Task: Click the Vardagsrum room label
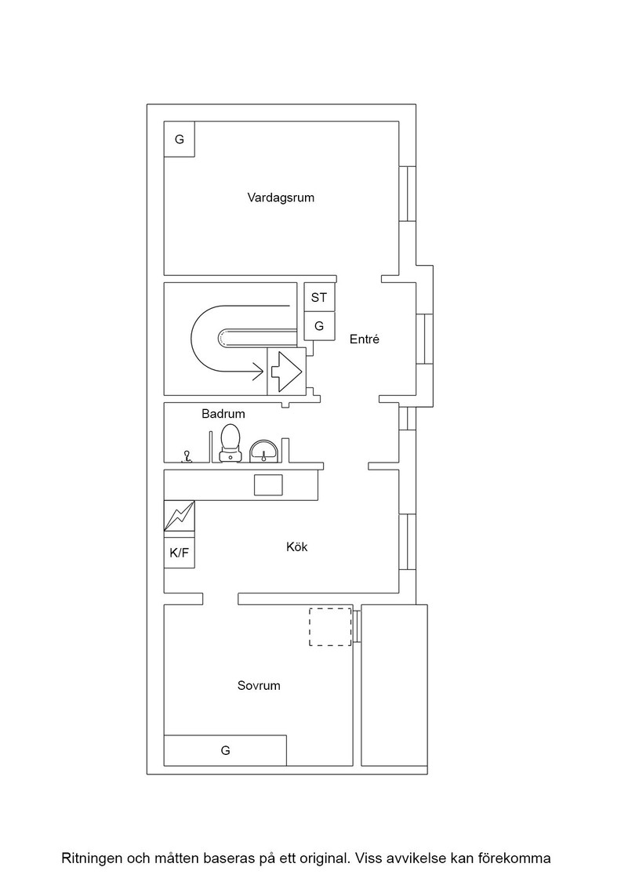click(281, 198)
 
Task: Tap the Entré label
click(365, 339)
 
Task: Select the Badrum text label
click(223, 414)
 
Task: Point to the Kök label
click(297, 546)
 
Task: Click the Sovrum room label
click(259, 685)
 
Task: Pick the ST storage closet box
click(319, 297)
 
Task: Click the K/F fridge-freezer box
click(180, 553)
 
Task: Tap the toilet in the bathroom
click(231, 443)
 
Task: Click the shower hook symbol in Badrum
click(187, 458)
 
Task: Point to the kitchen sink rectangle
click(268, 485)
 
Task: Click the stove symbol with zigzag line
click(180, 516)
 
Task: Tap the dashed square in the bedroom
click(330, 626)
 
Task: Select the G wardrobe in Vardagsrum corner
click(180, 140)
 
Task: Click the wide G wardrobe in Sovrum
click(225, 750)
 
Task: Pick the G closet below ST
click(319, 326)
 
